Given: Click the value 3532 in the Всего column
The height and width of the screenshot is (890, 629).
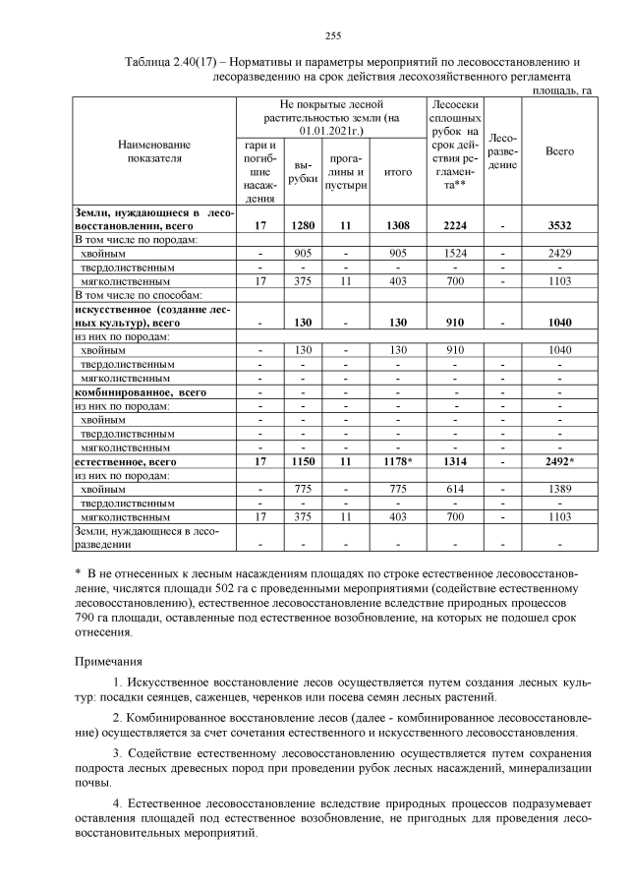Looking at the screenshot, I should point(559,225).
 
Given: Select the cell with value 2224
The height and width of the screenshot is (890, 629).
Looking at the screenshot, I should point(453,225).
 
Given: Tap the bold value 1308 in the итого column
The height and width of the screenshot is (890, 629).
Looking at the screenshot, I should point(398,225).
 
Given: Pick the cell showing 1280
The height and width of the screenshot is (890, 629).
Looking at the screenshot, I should point(303,225).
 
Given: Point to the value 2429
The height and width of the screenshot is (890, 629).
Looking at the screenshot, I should point(559,253).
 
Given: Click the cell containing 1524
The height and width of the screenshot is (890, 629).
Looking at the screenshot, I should point(453,253).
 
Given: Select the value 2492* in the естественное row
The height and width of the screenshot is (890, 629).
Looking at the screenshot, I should point(559,460).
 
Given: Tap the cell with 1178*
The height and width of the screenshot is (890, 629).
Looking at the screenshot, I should point(398,460).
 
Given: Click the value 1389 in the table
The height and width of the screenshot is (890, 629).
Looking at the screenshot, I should point(559,488).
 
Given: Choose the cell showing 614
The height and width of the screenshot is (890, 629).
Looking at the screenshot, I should point(453,488).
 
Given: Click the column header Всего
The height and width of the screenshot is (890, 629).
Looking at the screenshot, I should point(559,151).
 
